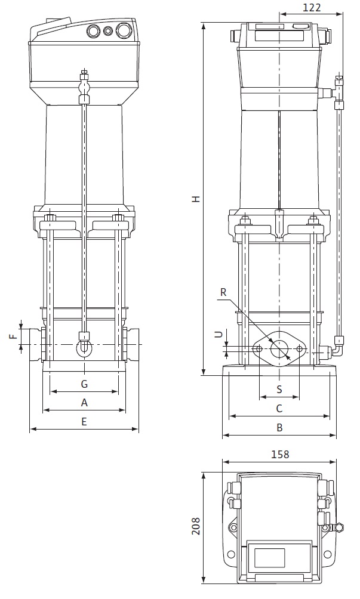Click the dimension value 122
point(312,8)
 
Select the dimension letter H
point(195,199)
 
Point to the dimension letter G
point(84,382)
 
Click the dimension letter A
point(84,402)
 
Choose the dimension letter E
point(84,421)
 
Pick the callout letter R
point(223,292)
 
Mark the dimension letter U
point(219,335)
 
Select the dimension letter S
point(279,389)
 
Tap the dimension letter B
point(279,427)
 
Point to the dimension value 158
point(279,454)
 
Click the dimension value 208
point(195,526)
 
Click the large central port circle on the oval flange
point(279,348)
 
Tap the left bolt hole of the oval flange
point(259,348)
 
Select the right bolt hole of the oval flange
point(299,348)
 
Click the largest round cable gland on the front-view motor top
point(123,30)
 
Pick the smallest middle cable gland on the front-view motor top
point(108,31)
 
